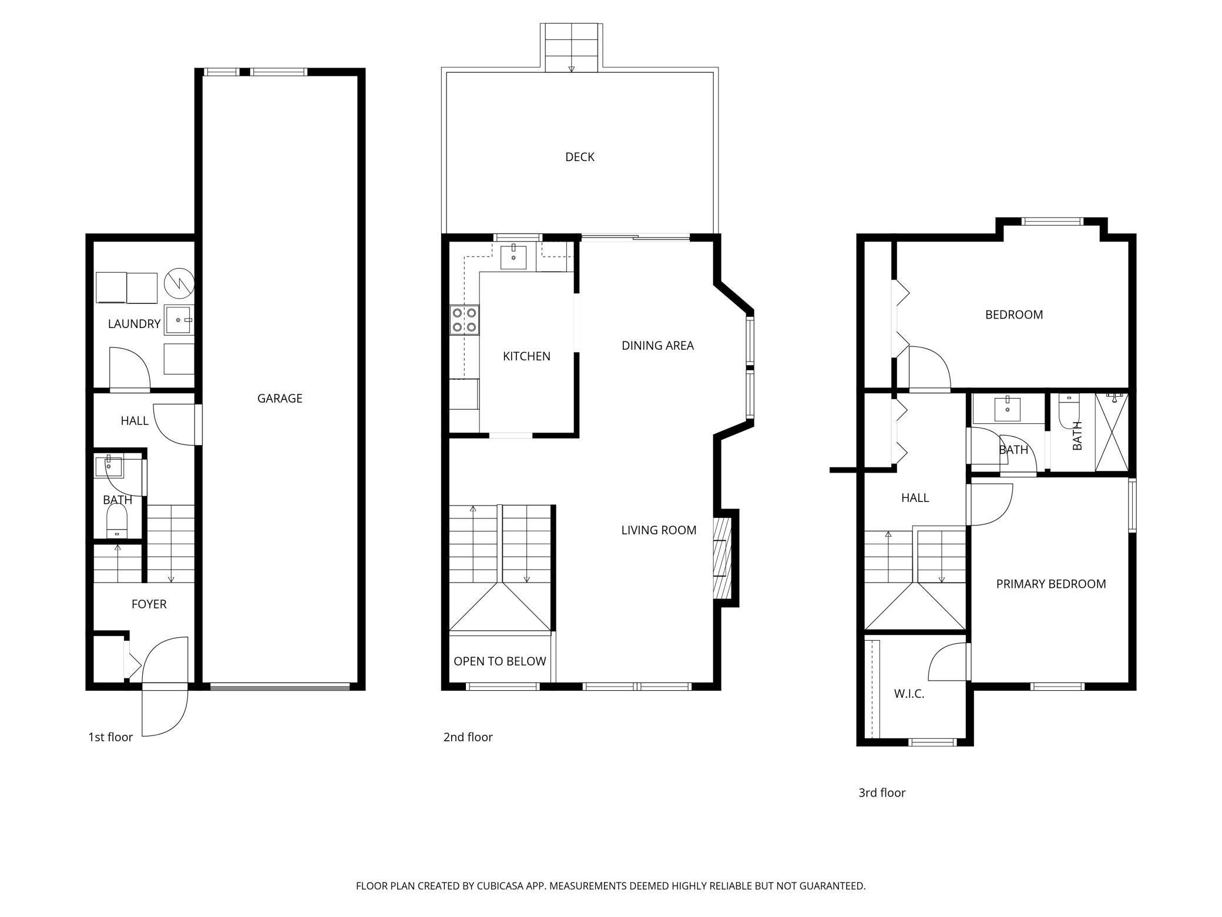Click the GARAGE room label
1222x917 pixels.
[x=280, y=399]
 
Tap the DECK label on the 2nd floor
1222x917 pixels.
[x=580, y=157]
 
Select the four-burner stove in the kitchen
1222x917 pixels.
[x=465, y=320]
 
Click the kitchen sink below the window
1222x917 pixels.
[x=513, y=257]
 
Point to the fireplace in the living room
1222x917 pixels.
[x=721, y=558]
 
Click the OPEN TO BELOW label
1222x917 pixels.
[x=500, y=661]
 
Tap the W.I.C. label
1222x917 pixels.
[x=909, y=694]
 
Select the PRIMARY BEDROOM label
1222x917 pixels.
[x=1051, y=584]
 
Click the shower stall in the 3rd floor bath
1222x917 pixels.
[x=1112, y=432]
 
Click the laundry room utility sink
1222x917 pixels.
[x=179, y=320]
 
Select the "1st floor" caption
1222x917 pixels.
[x=110, y=737]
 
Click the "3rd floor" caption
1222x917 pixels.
[x=882, y=792]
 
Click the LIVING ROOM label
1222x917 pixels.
[x=659, y=530]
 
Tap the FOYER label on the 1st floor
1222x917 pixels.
[x=149, y=604]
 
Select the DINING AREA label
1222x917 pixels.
[x=658, y=346]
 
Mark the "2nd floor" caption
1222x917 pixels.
[x=468, y=737]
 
